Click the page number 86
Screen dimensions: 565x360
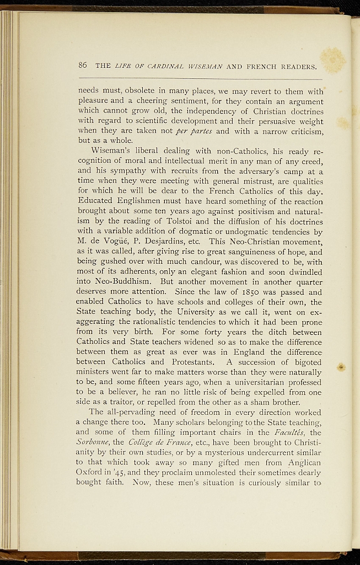(x=83, y=65)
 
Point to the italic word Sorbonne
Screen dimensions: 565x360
(x=93, y=433)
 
